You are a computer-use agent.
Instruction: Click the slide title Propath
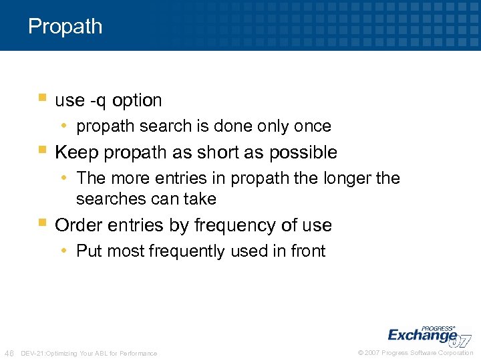(x=65, y=27)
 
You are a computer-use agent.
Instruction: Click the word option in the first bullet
(x=137, y=100)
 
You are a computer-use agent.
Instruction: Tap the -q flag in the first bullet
(x=98, y=101)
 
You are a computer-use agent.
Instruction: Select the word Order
(x=75, y=225)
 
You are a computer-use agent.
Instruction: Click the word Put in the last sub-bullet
(x=89, y=251)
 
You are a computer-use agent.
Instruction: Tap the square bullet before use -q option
(x=42, y=99)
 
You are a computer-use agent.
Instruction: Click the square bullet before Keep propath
(x=42, y=151)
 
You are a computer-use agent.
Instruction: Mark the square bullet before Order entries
(x=42, y=224)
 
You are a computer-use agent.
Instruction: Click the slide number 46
(x=9, y=352)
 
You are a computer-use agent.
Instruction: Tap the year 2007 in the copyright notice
(x=372, y=353)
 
